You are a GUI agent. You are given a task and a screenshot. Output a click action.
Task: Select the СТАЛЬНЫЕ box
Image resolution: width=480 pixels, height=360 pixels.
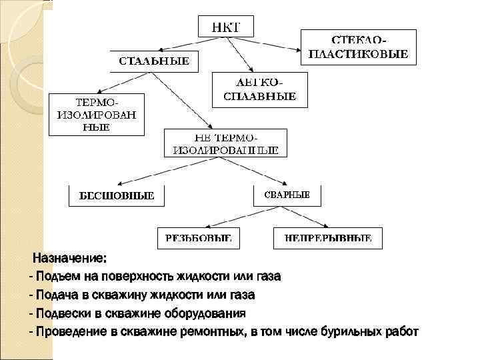click(x=154, y=61)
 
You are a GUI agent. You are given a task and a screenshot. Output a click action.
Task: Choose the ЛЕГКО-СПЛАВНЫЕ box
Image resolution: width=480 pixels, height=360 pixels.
click(x=259, y=89)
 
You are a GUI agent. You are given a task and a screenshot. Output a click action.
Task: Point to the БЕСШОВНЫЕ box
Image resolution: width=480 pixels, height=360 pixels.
click(x=117, y=196)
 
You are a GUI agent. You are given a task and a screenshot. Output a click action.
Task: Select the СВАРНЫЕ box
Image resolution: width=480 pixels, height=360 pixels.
click(x=287, y=194)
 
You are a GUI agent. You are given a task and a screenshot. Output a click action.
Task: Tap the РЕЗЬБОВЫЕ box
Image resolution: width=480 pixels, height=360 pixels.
click(x=199, y=237)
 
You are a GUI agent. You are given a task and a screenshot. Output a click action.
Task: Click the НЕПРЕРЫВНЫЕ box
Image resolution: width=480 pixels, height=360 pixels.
click(x=328, y=237)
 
